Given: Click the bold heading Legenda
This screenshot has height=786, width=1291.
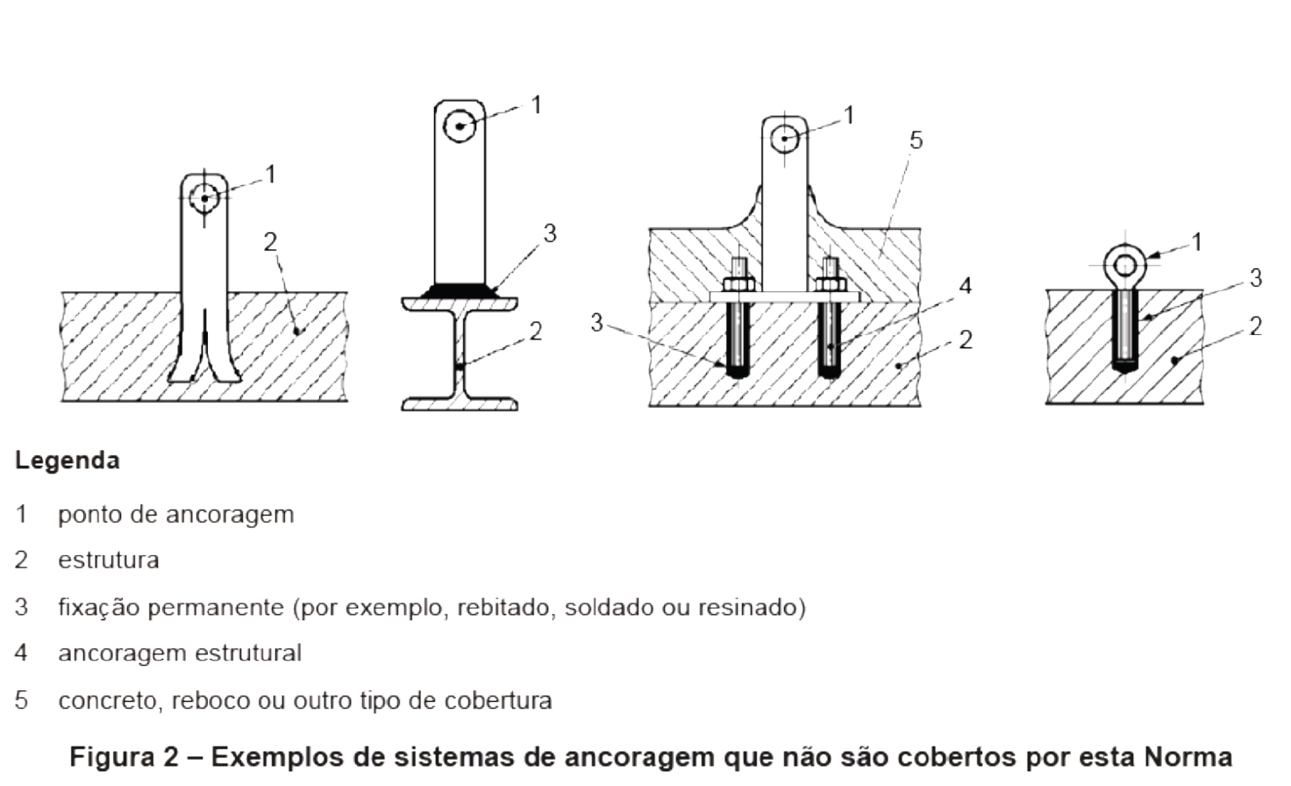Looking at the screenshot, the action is click(68, 461).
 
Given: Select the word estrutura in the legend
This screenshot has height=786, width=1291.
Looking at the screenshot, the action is click(109, 561).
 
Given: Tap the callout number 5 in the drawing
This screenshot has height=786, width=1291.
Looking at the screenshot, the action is click(916, 140).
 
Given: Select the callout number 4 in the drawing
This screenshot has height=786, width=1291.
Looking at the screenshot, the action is click(966, 286).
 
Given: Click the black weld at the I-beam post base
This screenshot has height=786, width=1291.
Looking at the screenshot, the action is click(460, 290).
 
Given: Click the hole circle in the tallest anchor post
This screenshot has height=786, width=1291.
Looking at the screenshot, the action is click(460, 126).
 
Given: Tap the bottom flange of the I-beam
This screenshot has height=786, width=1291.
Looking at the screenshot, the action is click(460, 404).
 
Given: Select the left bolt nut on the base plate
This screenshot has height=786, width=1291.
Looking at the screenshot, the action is click(739, 284).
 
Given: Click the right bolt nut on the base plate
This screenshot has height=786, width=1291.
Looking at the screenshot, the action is click(829, 284).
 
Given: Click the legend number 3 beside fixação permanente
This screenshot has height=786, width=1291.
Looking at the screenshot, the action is click(21, 607).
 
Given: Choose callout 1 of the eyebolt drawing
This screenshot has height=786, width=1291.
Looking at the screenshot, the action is click(1196, 242).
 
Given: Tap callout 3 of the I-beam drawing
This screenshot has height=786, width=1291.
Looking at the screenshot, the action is click(550, 233).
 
